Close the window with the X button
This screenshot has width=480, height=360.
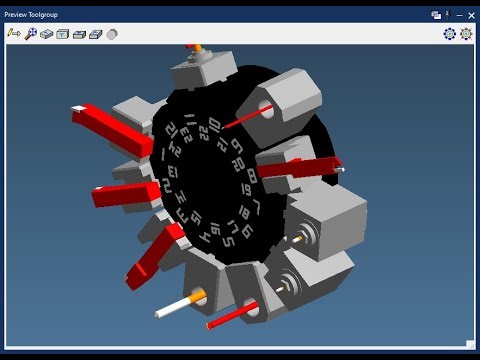click(471, 15)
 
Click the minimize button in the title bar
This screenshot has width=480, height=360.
click(458, 15)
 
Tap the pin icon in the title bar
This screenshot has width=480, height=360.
click(447, 14)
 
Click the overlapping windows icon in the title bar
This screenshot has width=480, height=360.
click(436, 15)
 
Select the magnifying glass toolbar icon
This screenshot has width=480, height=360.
click(31, 34)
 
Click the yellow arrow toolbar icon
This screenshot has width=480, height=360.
click(14, 34)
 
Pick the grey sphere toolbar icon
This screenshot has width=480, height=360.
click(112, 34)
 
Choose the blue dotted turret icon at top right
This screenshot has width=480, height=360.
click(450, 34)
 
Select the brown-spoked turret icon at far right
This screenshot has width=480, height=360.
click(466, 34)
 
